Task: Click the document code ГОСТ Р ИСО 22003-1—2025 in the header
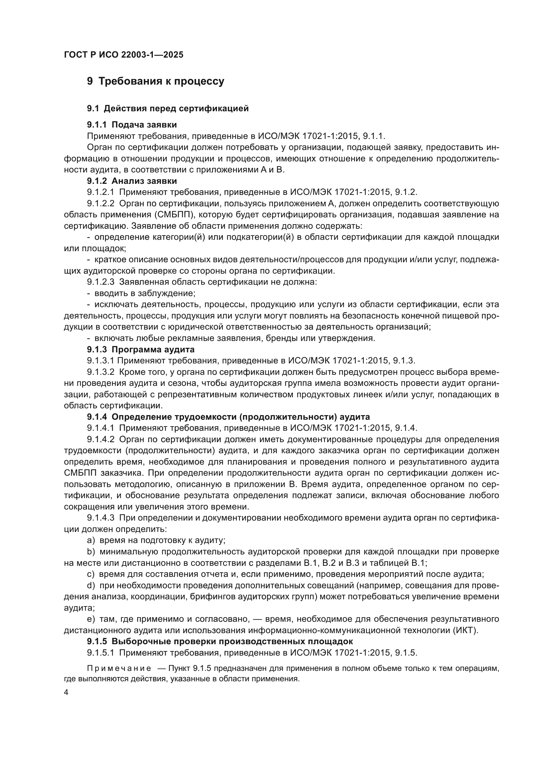coord(124,55)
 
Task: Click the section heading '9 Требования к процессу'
coord(155,81)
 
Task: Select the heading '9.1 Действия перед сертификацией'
coord(168,108)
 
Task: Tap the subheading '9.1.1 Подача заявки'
coord(132,125)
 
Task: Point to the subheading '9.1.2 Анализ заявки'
coord(132,181)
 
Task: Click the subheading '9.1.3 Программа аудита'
coord(141,349)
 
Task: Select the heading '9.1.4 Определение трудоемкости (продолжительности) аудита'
coord(228,417)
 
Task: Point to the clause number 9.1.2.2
coord(101,203)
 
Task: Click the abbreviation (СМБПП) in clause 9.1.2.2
coord(175,215)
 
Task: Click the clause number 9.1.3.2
coord(101,372)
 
